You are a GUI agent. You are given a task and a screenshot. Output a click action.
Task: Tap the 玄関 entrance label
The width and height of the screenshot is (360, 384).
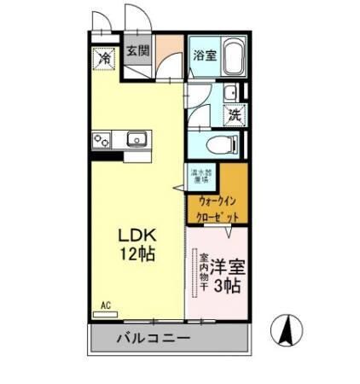click(138, 50)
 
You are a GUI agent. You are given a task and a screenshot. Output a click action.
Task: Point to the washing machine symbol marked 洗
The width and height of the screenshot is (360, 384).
click(233, 113)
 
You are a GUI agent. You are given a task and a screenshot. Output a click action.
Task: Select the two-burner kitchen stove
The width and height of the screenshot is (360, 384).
click(103, 138)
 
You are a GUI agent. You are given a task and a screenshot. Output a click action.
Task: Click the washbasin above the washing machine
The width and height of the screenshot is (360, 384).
click(230, 93)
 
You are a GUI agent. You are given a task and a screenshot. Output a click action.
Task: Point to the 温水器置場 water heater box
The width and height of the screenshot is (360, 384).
click(201, 175)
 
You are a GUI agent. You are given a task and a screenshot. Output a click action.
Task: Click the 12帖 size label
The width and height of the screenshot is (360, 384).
click(136, 255)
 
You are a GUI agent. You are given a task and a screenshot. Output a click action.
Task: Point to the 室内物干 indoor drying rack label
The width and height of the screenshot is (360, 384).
click(205, 272)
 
